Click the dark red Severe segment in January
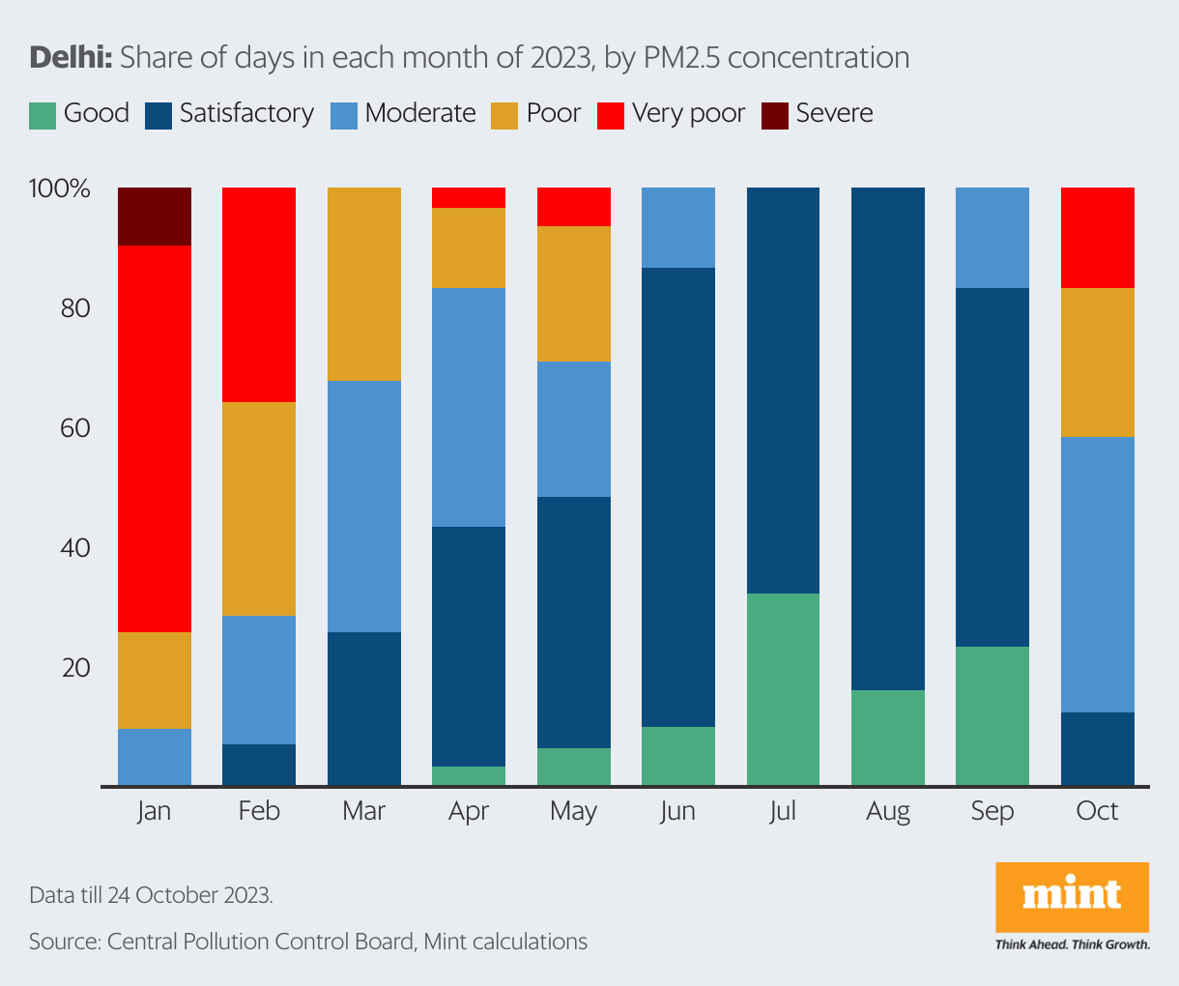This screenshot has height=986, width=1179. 154,217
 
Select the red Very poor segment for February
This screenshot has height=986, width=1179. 259,295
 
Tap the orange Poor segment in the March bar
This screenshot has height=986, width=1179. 364,284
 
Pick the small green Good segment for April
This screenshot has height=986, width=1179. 469,775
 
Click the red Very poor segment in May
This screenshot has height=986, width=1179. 574,207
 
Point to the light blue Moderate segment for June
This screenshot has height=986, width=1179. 678,227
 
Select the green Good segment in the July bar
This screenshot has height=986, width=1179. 783,689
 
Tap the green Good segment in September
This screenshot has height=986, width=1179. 992,715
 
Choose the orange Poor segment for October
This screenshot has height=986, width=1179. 1098,362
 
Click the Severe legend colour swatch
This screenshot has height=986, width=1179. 775,115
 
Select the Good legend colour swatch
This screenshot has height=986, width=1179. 43,115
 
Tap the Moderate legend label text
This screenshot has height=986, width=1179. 420,113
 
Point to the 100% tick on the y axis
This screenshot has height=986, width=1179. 60,188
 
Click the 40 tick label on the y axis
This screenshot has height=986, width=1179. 74,548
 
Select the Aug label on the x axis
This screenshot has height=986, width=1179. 888,811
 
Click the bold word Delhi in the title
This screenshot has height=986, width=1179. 72,58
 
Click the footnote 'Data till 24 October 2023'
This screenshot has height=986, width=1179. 151,895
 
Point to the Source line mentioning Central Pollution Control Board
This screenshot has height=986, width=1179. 307,942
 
